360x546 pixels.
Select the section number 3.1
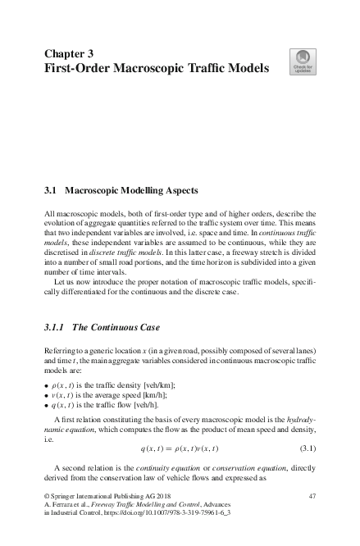tap(49, 191)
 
